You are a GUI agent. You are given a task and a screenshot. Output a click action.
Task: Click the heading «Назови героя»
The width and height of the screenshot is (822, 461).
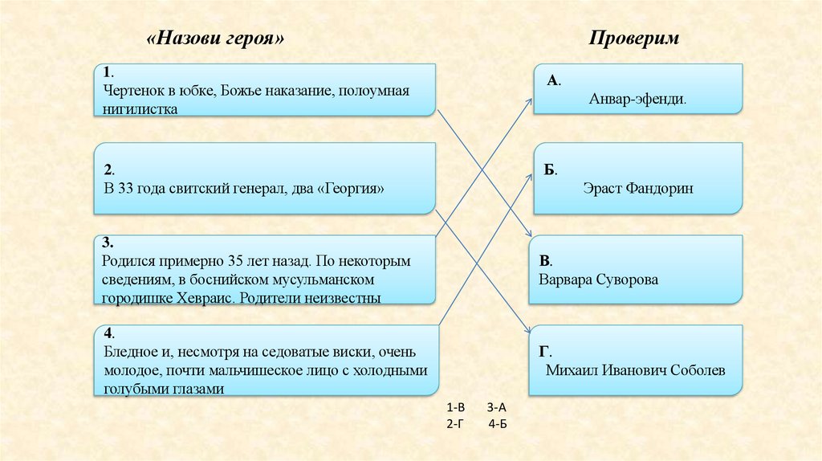pyautogui.click(x=216, y=39)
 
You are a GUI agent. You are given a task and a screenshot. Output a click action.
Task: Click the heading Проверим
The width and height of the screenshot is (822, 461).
pyautogui.click(x=635, y=39)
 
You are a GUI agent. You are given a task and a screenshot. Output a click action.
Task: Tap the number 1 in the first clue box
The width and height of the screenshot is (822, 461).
pyautogui.click(x=107, y=73)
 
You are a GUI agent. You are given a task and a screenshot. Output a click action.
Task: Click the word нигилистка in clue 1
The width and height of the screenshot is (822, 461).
pyautogui.click(x=140, y=108)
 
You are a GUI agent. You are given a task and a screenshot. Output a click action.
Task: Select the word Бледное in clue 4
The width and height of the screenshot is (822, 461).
pyautogui.click(x=129, y=353)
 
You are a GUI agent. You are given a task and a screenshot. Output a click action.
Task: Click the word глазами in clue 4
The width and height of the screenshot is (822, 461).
pyautogui.click(x=194, y=388)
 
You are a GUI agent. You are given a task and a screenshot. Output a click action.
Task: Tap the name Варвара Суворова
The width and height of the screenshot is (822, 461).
pyautogui.click(x=599, y=279)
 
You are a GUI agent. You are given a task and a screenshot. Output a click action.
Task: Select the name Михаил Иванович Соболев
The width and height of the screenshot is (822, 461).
pyautogui.click(x=635, y=370)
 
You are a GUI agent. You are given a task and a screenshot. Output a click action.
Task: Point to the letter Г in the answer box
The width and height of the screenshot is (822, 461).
pyautogui.click(x=543, y=351)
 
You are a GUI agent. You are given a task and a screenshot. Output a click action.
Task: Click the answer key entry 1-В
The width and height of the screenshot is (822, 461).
pyautogui.click(x=454, y=409)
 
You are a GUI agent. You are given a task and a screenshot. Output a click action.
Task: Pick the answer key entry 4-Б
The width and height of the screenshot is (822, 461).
pyautogui.click(x=497, y=423)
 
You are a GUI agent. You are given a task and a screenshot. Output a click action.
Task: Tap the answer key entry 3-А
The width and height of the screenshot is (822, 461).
pyautogui.click(x=497, y=409)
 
